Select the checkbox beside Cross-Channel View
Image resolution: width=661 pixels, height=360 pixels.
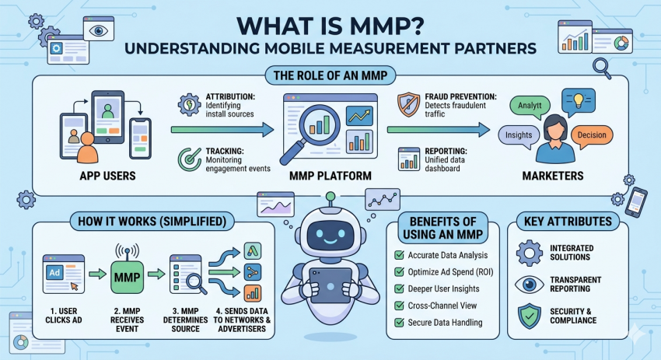tap(397, 306)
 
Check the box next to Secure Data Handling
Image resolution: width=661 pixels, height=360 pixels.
tap(397, 323)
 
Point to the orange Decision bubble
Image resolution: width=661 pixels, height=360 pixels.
tap(591, 135)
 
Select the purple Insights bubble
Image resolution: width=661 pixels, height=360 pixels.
tap(519, 135)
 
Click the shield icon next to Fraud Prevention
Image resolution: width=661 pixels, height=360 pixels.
tap(408, 105)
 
